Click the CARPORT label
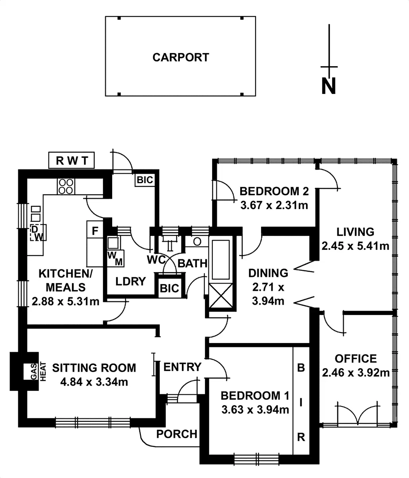180,57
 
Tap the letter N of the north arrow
328,86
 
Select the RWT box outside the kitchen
71,161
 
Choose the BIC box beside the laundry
169,288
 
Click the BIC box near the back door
145,180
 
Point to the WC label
156,260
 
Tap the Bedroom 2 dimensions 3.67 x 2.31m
275,206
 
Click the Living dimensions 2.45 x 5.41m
355,246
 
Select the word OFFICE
356,358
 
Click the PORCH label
177,433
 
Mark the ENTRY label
182,366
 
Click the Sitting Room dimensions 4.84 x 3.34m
94,382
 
